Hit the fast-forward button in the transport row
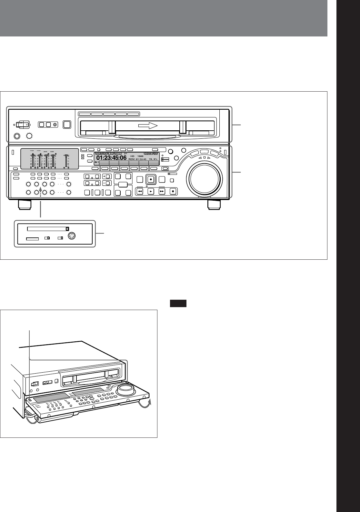[x=162, y=191]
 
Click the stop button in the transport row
[x=173, y=191]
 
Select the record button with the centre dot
[x=150, y=180]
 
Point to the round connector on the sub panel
[x=72, y=236]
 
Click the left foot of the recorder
[x=25, y=205]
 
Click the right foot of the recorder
[x=214, y=205]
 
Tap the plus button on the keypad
[x=106, y=176]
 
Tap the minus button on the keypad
[x=106, y=183]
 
